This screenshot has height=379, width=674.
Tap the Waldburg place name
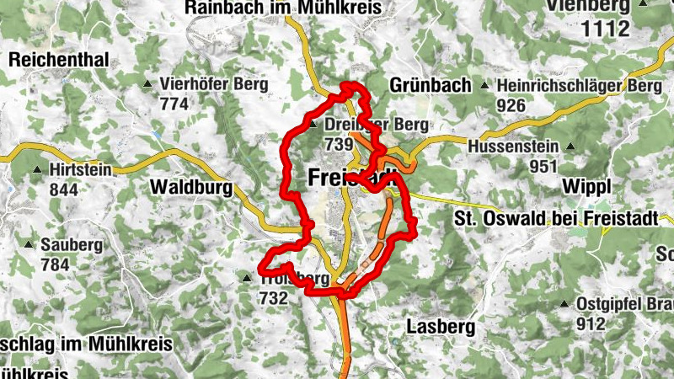point(192,188)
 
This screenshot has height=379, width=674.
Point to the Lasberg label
point(441,325)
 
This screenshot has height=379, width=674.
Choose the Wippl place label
point(584,185)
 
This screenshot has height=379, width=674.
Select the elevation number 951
point(544,166)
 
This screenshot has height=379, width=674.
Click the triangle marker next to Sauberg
point(29,245)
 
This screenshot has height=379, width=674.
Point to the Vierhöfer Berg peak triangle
point(148,84)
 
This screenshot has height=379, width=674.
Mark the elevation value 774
point(174,104)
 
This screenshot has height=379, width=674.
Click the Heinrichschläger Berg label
point(579,86)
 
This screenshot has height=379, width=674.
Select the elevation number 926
point(511,105)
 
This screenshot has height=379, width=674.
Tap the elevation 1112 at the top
point(600,28)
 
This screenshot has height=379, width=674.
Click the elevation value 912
point(591,323)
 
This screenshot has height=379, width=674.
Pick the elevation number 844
point(64,189)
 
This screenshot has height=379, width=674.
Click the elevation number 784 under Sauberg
point(55,264)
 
